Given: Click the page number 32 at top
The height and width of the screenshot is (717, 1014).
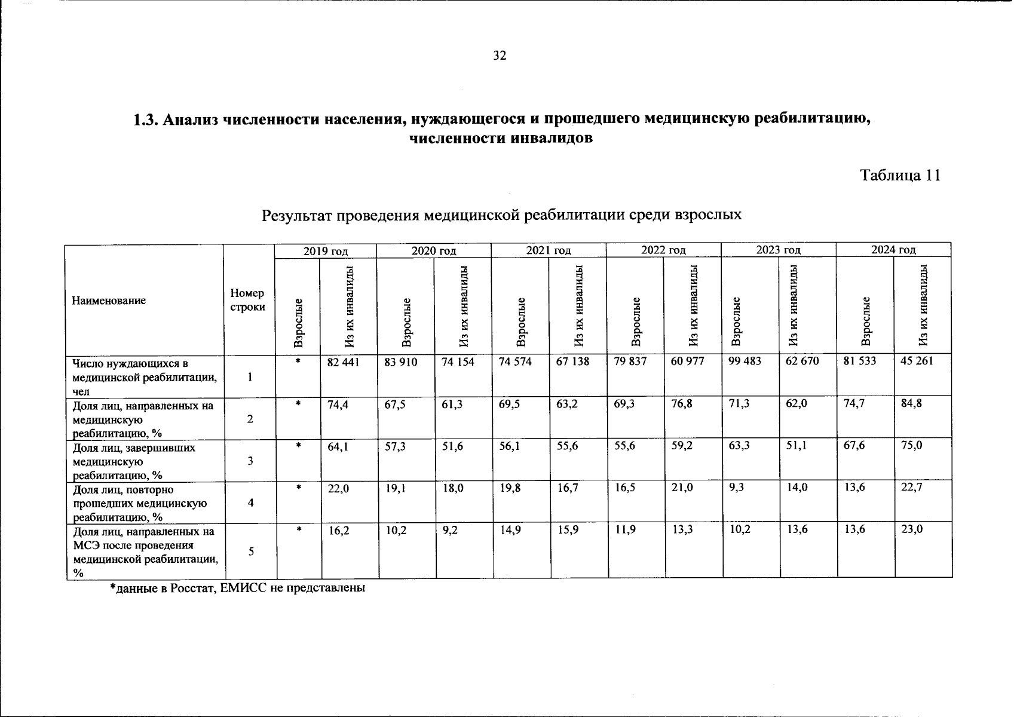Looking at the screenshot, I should click(x=500, y=56).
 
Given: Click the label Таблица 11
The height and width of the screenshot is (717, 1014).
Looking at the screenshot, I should click(x=900, y=175).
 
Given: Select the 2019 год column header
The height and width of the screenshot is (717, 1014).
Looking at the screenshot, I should click(x=325, y=251).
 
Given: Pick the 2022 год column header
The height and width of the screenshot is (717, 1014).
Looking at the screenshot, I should click(x=663, y=250).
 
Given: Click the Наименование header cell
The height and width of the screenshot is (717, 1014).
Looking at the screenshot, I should click(x=109, y=301).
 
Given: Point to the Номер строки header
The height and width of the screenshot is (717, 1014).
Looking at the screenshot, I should click(x=247, y=300).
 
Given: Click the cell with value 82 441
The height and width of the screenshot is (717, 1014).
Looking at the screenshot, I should click(x=343, y=361).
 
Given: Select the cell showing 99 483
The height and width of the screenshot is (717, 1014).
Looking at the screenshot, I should click(x=745, y=361).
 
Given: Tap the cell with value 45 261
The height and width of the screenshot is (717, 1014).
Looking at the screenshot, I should click(x=916, y=361).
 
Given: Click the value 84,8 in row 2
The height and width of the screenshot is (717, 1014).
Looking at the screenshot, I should click(x=911, y=403).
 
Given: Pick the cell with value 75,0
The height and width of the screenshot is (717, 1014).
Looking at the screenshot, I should click(x=911, y=445).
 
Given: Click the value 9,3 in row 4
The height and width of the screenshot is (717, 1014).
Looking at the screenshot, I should click(x=737, y=488).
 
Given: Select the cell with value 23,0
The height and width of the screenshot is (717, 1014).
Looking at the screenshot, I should click(x=911, y=529).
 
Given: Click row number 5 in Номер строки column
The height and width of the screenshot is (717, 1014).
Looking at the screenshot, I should click(x=250, y=551).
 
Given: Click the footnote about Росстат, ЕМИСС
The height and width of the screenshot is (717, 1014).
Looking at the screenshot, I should click(x=237, y=588).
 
